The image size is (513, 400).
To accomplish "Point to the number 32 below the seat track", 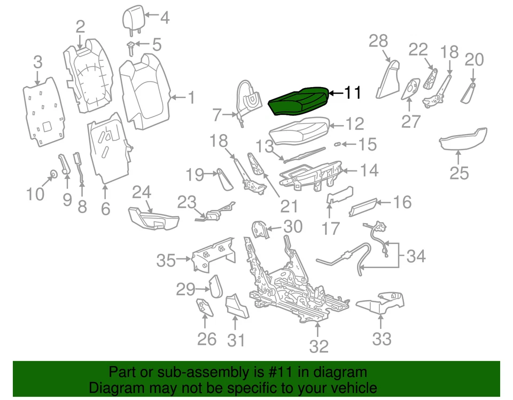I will coord(319,346).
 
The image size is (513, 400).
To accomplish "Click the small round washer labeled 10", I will coord(53,174).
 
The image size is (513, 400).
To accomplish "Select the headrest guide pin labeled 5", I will coord(130,48).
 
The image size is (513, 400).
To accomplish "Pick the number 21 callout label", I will coord(289,205).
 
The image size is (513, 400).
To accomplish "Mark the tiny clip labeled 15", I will coord(338,144).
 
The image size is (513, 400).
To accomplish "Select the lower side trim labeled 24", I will coord(153,218).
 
